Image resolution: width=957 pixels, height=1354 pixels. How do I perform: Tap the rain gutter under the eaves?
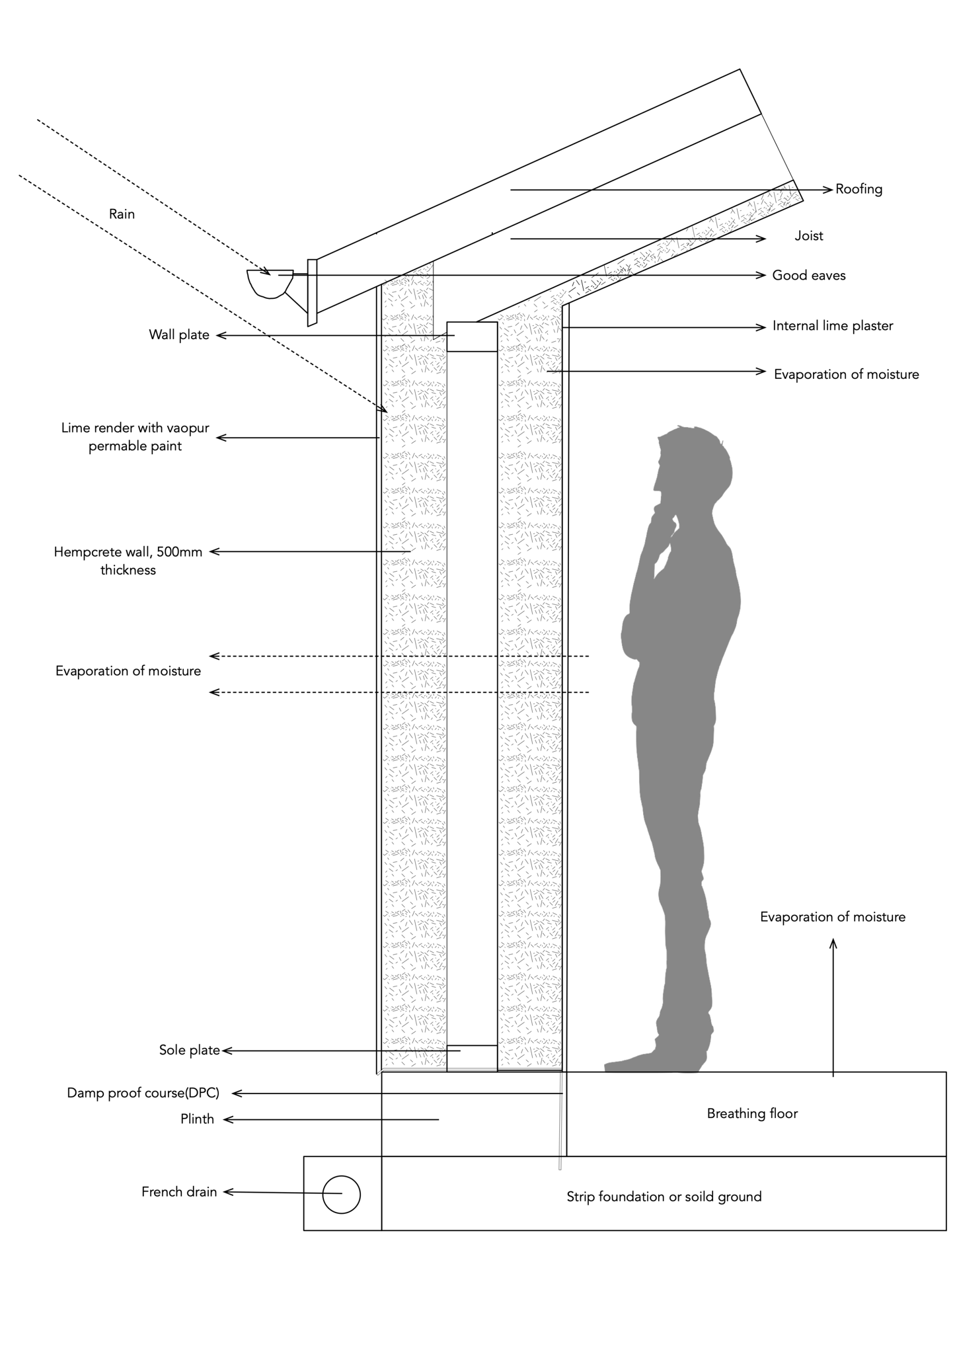tap(269, 283)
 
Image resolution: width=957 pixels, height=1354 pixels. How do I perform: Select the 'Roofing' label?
tap(859, 189)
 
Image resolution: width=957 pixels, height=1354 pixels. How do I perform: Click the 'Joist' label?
tap(809, 236)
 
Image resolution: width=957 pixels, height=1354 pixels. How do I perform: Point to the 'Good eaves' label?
tap(809, 275)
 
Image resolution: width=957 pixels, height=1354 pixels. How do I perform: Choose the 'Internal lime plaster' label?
tap(833, 326)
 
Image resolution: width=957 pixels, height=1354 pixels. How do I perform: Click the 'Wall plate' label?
tap(179, 335)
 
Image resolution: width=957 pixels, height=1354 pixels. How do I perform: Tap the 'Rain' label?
tap(122, 214)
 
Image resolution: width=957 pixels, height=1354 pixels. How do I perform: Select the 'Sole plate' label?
tap(189, 1051)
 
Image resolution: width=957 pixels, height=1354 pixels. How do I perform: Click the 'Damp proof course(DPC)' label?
tap(143, 1093)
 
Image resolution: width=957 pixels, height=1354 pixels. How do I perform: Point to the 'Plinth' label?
tap(197, 1119)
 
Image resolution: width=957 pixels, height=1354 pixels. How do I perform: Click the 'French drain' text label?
tap(179, 1192)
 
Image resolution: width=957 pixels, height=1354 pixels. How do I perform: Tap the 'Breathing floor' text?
tap(752, 1114)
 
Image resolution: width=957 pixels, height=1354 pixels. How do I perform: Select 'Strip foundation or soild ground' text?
tap(664, 1197)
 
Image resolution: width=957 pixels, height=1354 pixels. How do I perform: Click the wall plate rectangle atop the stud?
tap(472, 337)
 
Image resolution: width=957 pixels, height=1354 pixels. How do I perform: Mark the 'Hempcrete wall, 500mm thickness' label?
tap(128, 561)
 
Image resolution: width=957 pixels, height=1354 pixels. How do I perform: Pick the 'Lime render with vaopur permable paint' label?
tap(135, 437)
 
